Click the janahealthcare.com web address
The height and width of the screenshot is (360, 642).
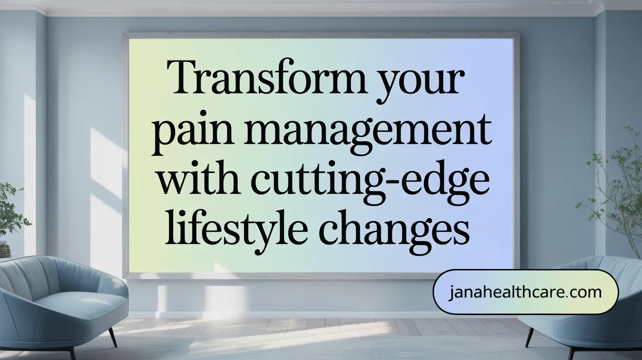525,292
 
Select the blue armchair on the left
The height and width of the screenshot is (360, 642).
62,304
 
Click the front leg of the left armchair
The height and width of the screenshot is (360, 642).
113,337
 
